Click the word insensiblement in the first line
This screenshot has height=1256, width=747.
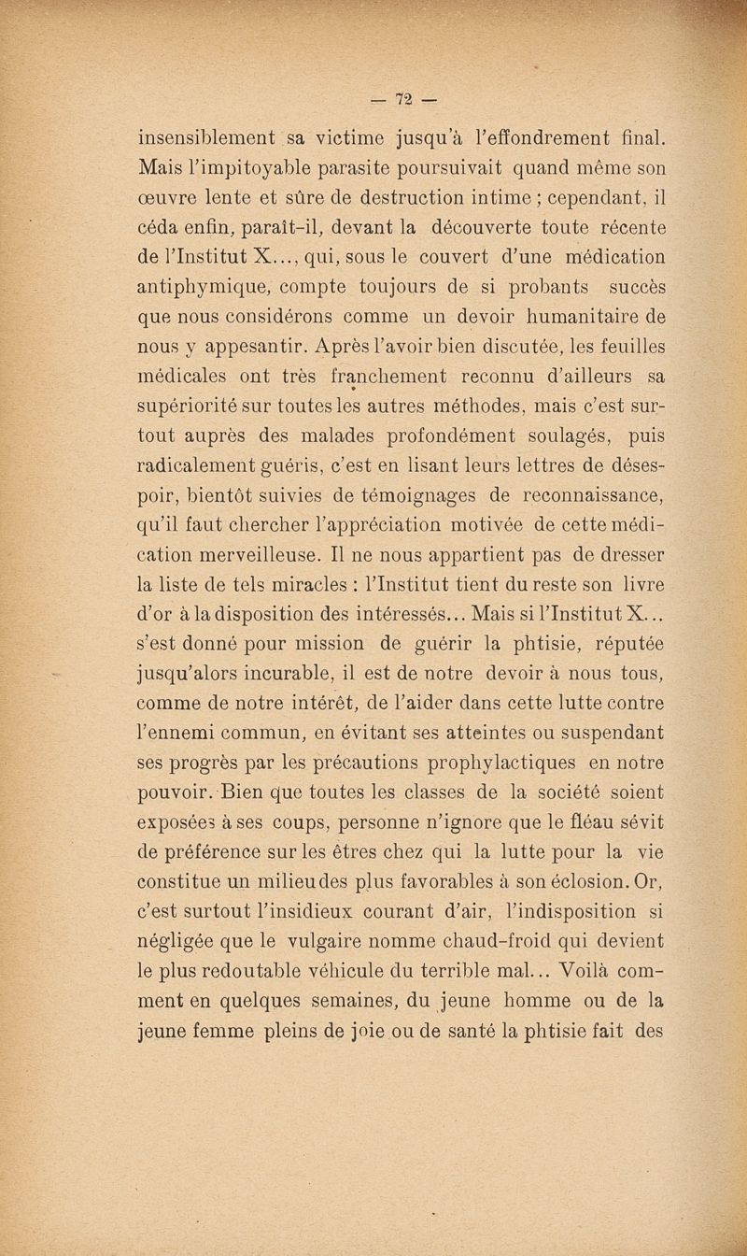click(x=206, y=140)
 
